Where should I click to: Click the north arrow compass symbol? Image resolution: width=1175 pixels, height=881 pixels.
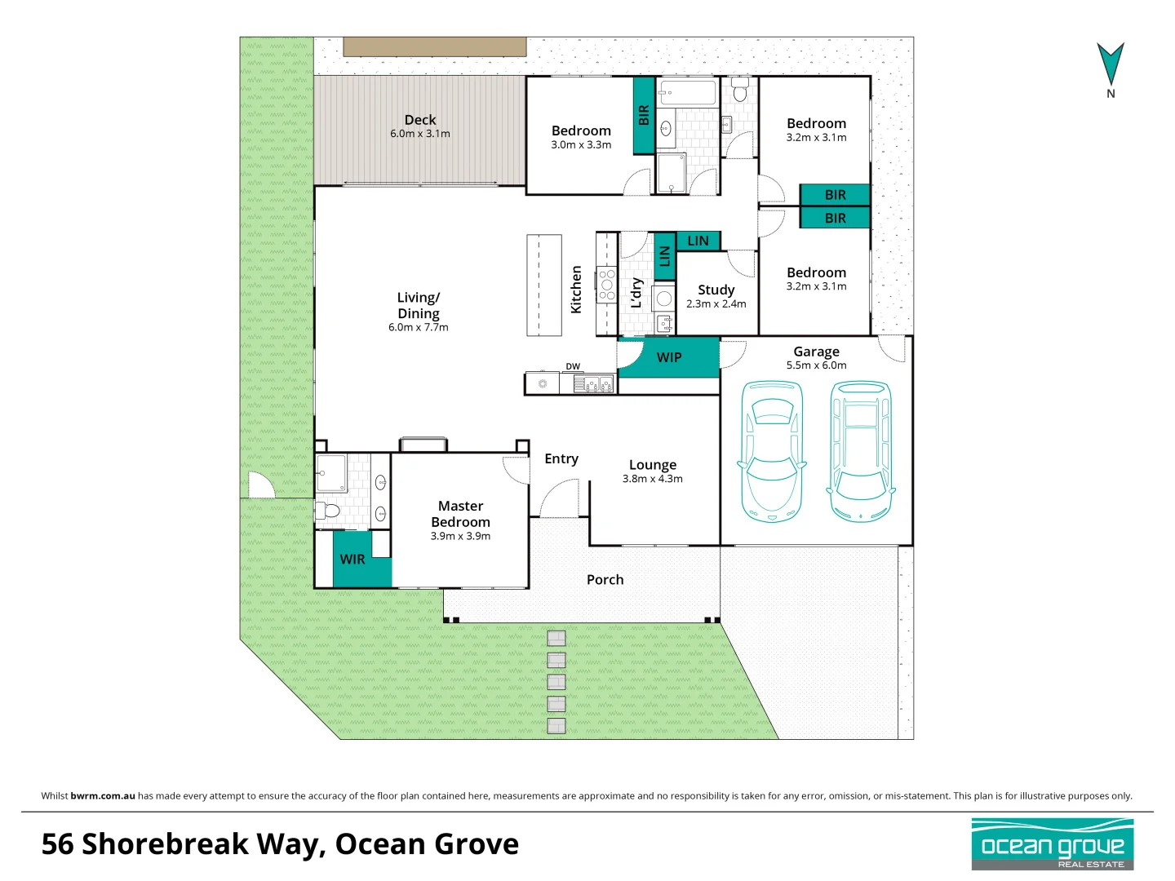(1110, 65)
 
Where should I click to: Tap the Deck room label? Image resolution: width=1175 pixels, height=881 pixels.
(420, 120)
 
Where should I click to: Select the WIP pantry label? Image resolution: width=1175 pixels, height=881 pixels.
(669, 357)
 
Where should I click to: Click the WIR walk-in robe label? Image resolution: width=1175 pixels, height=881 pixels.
(352, 560)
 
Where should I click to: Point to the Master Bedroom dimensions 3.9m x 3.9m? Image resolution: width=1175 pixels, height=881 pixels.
(460, 537)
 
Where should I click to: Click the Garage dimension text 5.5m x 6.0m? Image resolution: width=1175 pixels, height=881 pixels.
(816, 365)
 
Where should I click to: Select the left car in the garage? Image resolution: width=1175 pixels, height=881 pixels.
(772, 451)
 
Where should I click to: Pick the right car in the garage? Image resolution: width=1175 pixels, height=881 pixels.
(861, 451)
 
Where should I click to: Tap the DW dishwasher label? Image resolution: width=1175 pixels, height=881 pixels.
(573, 366)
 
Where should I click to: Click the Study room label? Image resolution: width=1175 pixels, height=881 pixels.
(716, 290)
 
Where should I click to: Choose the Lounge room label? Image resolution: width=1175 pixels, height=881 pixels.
(653, 465)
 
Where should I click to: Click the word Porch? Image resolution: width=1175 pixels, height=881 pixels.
(605, 580)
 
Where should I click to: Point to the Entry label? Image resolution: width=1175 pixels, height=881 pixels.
(561, 459)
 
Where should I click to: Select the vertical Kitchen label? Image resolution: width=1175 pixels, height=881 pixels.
(576, 290)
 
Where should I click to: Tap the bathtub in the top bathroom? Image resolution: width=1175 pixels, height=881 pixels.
(688, 92)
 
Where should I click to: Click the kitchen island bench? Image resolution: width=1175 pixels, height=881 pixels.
(544, 285)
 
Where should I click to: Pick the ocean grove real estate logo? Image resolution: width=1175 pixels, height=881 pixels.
(1053, 844)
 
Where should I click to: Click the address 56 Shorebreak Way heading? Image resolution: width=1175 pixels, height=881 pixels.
(280, 844)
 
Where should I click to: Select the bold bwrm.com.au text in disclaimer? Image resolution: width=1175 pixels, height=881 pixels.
(103, 796)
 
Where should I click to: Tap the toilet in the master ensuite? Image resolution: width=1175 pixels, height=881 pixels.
(329, 511)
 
